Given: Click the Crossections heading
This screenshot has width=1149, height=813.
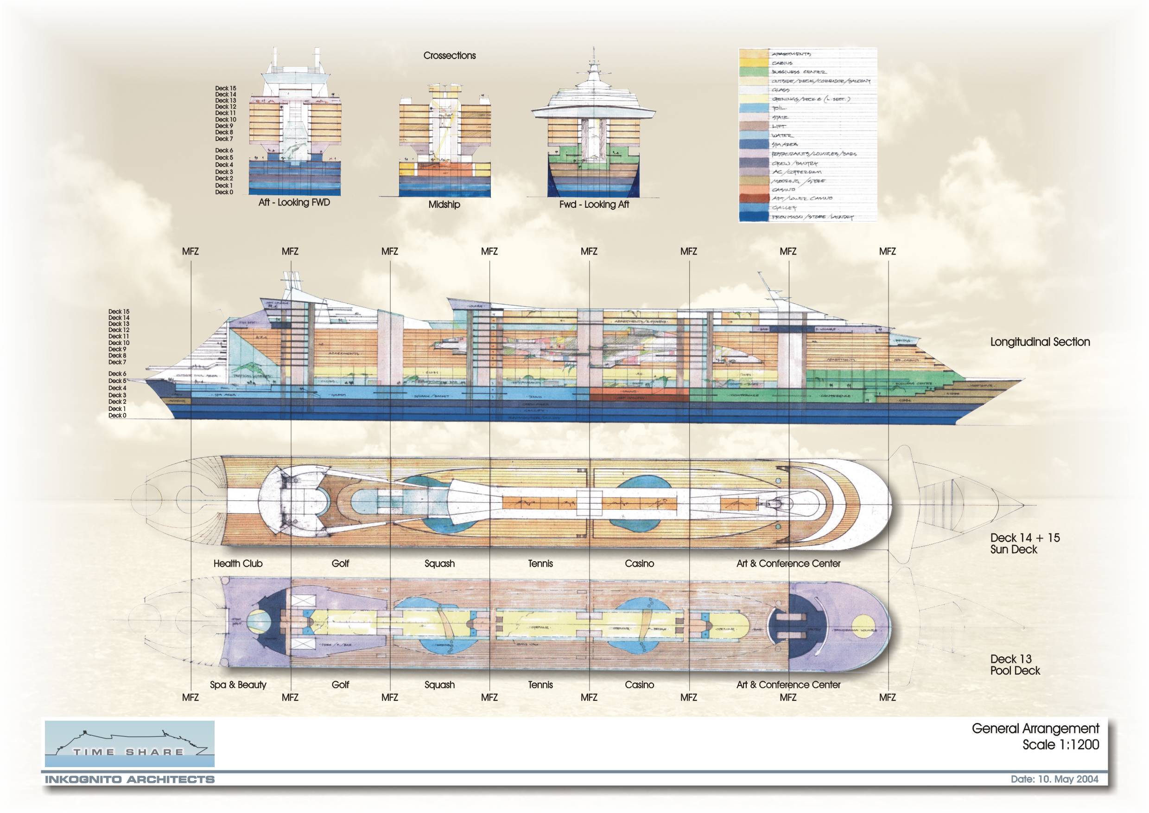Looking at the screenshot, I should [450, 56].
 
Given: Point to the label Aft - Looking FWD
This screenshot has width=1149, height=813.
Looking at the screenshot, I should [294, 203].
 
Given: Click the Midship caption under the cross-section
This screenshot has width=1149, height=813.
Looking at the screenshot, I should [444, 205].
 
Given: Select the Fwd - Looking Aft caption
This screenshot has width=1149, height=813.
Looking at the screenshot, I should [594, 205].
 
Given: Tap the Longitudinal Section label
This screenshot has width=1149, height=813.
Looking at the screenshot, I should [1040, 342].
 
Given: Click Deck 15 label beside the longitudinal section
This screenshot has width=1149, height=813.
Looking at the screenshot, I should [119, 312].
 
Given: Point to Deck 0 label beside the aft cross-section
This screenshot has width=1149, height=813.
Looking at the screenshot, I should [224, 192].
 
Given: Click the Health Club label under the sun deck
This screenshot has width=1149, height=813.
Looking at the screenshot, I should [238, 563].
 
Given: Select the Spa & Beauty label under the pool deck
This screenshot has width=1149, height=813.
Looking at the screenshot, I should [238, 685].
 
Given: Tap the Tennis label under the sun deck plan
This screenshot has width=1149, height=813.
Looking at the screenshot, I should [540, 563].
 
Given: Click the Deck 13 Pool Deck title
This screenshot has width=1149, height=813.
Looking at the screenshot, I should [1015, 665].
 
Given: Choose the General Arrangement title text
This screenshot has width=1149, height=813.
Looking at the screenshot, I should [1035, 729].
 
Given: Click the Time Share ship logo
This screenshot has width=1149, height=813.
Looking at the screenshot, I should [130, 743].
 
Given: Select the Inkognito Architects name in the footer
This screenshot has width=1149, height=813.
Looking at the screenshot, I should [130, 780].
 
